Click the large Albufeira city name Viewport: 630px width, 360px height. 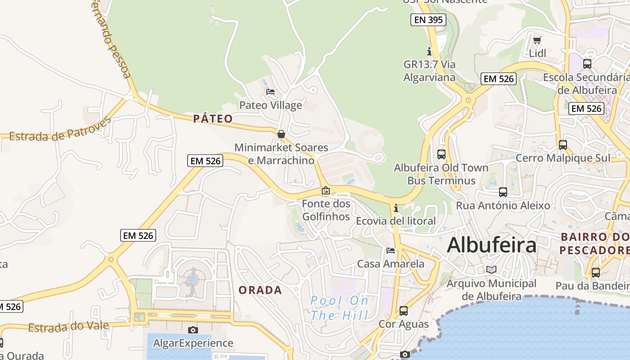point(491,245)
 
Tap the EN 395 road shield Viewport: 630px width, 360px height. point(428,20)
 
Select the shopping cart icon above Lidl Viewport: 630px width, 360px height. point(537,40)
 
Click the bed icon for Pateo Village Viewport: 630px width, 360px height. point(270,92)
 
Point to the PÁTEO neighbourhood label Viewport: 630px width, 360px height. point(213,119)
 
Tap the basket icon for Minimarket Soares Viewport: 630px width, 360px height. point(281,134)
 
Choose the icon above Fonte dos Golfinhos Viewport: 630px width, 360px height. point(326,191)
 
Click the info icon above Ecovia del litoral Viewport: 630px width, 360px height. point(396,208)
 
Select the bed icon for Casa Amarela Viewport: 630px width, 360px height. point(391,250)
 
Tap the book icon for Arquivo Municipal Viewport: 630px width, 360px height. point(491,270)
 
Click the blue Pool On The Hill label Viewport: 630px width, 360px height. point(340,308)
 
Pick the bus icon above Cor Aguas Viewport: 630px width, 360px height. point(404,310)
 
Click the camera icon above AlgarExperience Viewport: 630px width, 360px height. point(193,330)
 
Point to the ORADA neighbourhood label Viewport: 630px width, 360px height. point(260,290)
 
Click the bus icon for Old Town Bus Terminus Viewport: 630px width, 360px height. point(441,154)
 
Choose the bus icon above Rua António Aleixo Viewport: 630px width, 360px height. point(503,192)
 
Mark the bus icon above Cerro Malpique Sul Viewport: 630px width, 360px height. point(563,145)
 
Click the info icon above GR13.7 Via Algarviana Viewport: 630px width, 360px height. point(429,51)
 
